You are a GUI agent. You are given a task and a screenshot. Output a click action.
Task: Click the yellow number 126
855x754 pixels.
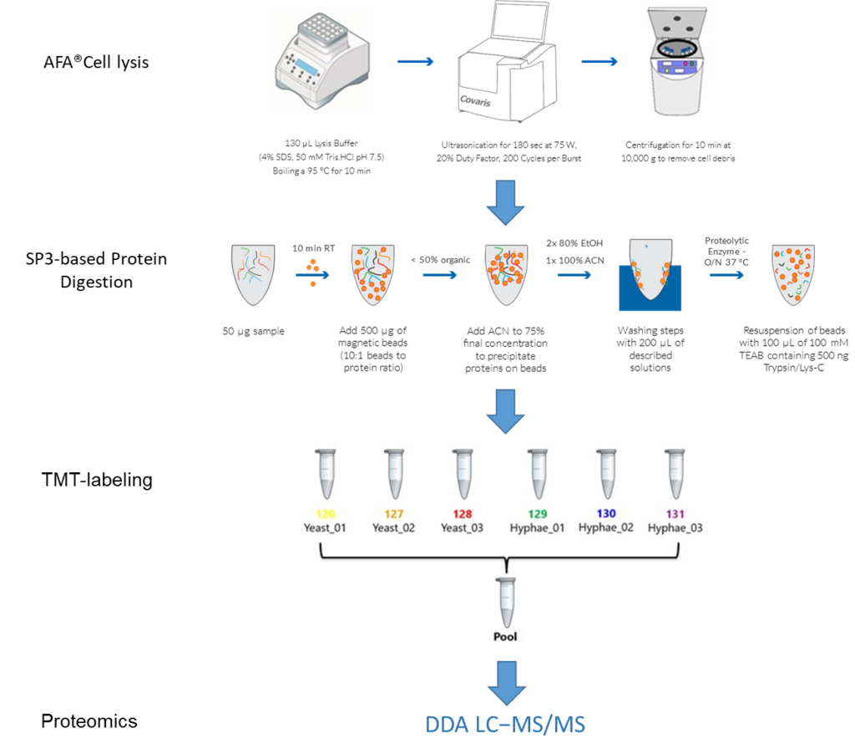point(326,514)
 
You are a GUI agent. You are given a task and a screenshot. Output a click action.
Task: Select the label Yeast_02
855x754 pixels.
point(393,528)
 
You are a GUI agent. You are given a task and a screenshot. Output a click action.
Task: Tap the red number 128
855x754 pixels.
point(463,514)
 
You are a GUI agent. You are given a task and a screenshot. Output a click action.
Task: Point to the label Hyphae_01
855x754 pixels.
point(537,528)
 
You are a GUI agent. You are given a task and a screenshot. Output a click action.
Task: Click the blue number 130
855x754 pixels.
point(605,514)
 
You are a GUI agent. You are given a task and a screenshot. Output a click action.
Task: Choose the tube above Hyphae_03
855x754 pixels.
point(675,474)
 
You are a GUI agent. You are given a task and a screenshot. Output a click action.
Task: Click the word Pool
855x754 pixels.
point(505,636)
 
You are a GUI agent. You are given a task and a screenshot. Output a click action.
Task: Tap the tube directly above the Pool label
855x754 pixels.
point(505,600)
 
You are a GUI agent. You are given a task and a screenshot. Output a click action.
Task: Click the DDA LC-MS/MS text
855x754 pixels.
point(505,724)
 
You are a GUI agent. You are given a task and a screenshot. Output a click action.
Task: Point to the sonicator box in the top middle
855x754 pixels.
point(504,67)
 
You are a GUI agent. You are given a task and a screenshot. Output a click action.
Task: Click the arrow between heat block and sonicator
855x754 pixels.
point(415,61)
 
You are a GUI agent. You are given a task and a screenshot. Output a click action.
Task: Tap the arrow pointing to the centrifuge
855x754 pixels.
point(600,61)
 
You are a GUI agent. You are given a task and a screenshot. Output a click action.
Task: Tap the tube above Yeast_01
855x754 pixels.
point(326,474)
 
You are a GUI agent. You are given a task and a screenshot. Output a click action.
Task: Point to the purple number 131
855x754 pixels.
point(675,514)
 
